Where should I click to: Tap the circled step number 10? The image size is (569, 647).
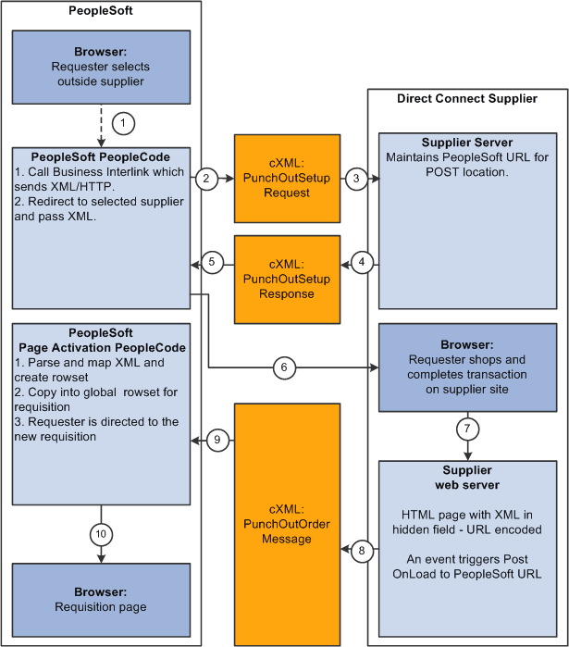(99, 533)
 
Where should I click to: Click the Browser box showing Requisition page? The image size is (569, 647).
(99, 600)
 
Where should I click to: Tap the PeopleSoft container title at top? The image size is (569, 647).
(99, 11)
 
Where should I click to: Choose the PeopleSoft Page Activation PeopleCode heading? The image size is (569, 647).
(99, 340)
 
